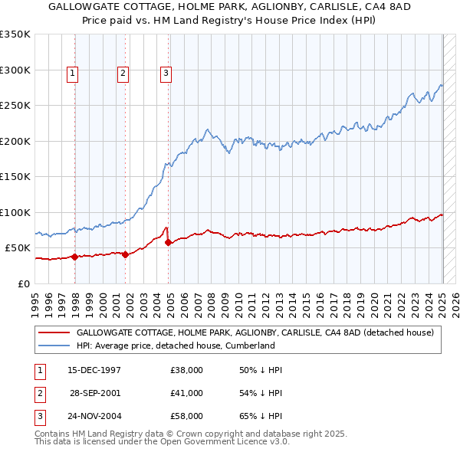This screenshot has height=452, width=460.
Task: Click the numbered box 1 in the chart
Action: tap(71, 74)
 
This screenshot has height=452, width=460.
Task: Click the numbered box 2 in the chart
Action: tap(122, 74)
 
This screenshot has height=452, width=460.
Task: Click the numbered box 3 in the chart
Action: tap(166, 74)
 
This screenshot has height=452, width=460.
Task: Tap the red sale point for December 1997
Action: tap(75, 257)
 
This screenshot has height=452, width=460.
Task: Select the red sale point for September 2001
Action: tap(126, 254)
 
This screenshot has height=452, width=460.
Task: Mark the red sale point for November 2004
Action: tap(168, 242)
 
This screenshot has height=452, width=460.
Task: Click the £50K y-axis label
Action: tap(18, 248)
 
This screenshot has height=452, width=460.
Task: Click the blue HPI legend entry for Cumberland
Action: tap(176, 346)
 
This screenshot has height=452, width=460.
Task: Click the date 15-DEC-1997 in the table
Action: tap(94, 370)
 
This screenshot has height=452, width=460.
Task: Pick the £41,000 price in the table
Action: tap(186, 393)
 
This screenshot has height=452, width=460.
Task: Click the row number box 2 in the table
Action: tap(38, 393)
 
